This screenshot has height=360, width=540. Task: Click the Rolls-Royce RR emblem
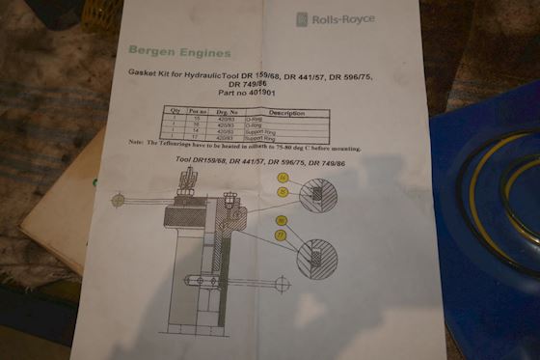(x=301, y=18)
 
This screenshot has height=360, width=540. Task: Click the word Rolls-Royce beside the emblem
(x=341, y=18)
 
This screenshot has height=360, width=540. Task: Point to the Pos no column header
(x=199, y=113)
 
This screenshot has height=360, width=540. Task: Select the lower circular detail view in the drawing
(x=314, y=258)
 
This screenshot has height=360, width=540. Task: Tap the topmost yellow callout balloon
(x=283, y=178)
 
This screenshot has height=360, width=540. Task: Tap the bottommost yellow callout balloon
(x=281, y=235)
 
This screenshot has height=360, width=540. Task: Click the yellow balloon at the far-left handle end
(x=119, y=200)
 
